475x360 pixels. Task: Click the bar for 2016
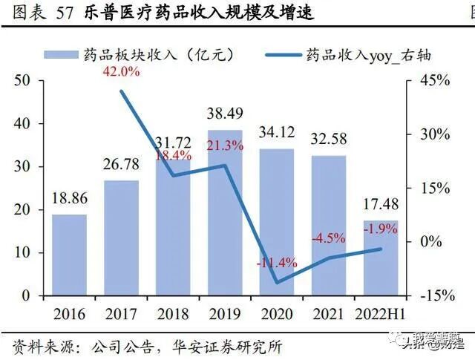pos(69,255)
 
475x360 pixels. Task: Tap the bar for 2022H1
pos(380,258)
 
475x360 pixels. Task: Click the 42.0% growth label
pos(121,72)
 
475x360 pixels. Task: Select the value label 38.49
pos(225,114)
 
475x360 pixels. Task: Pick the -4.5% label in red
pos(328,238)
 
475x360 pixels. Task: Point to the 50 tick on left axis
pos(22,81)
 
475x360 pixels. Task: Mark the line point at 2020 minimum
pos(277,283)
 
